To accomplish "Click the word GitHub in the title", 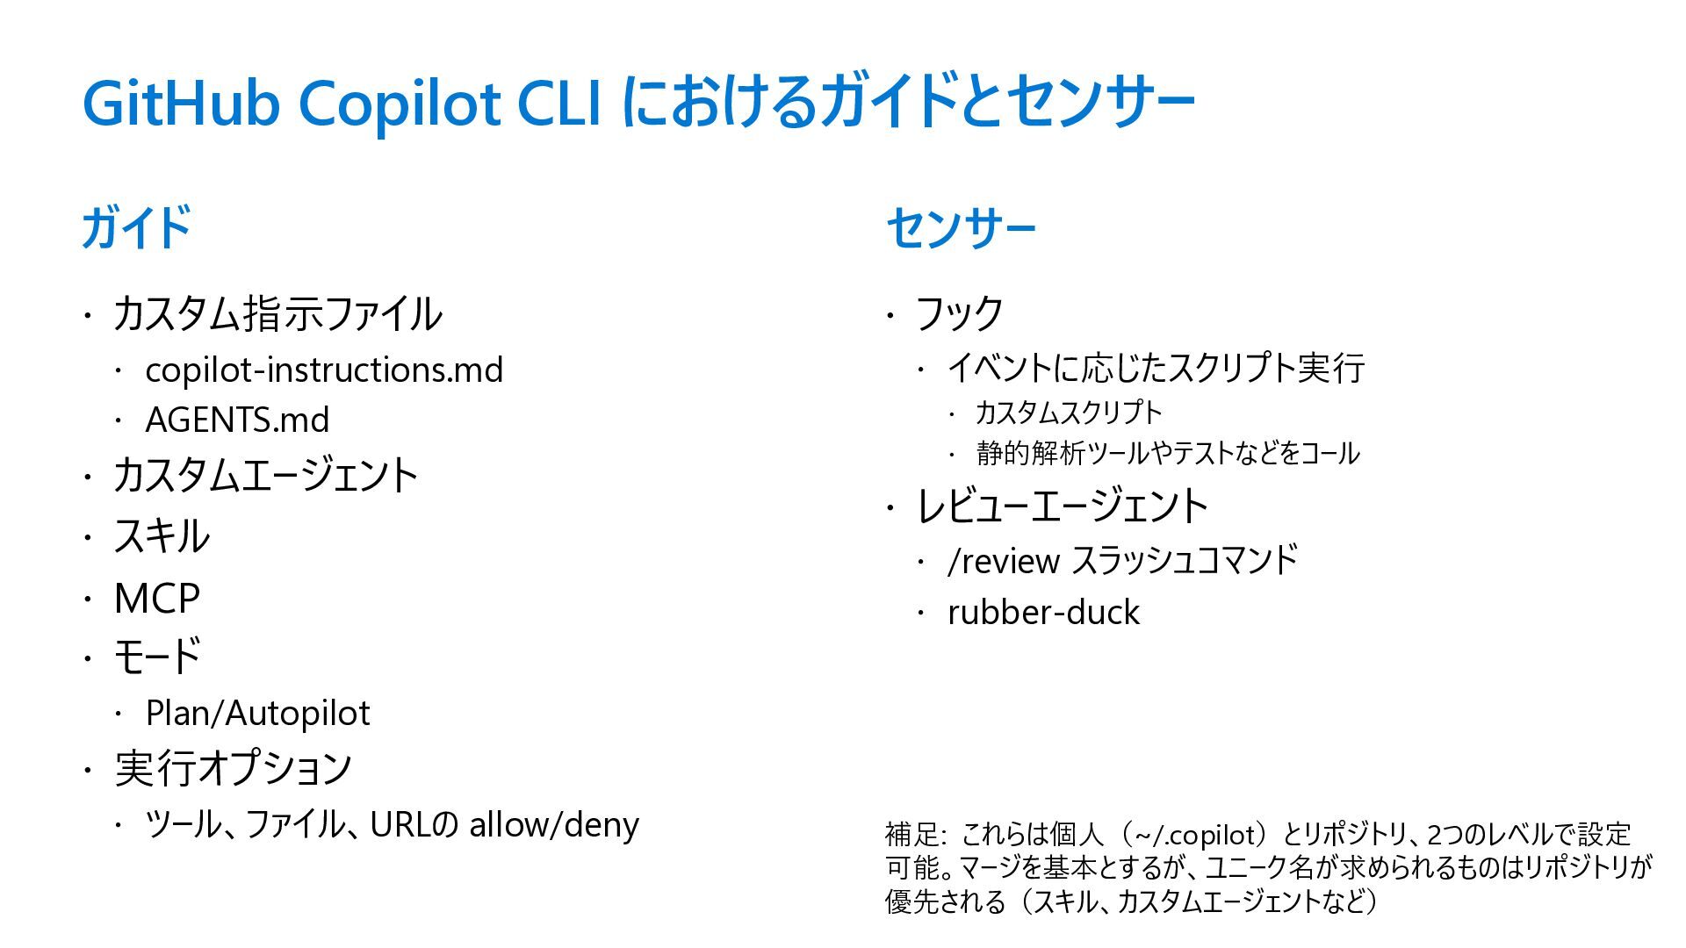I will [x=180, y=104].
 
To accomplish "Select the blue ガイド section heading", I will [x=136, y=227].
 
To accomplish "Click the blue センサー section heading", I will [x=961, y=228].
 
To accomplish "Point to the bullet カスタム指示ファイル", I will [x=277, y=314].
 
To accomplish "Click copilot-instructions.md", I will [x=324, y=370].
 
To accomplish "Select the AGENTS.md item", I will [x=237, y=420].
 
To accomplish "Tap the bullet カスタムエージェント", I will [x=266, y=476].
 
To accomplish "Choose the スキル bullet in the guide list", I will [x=162, y=536].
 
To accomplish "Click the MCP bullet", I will [x=157, y=599].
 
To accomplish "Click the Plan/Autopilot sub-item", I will [x=257, y=713].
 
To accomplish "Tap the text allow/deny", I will [x=554, y=824].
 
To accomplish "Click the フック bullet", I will [x=959, y=313].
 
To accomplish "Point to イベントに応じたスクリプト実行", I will [x=1156, y=368].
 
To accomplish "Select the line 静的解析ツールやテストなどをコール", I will [x=1168, y=453].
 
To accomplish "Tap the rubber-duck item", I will [x=1043, y=612].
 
